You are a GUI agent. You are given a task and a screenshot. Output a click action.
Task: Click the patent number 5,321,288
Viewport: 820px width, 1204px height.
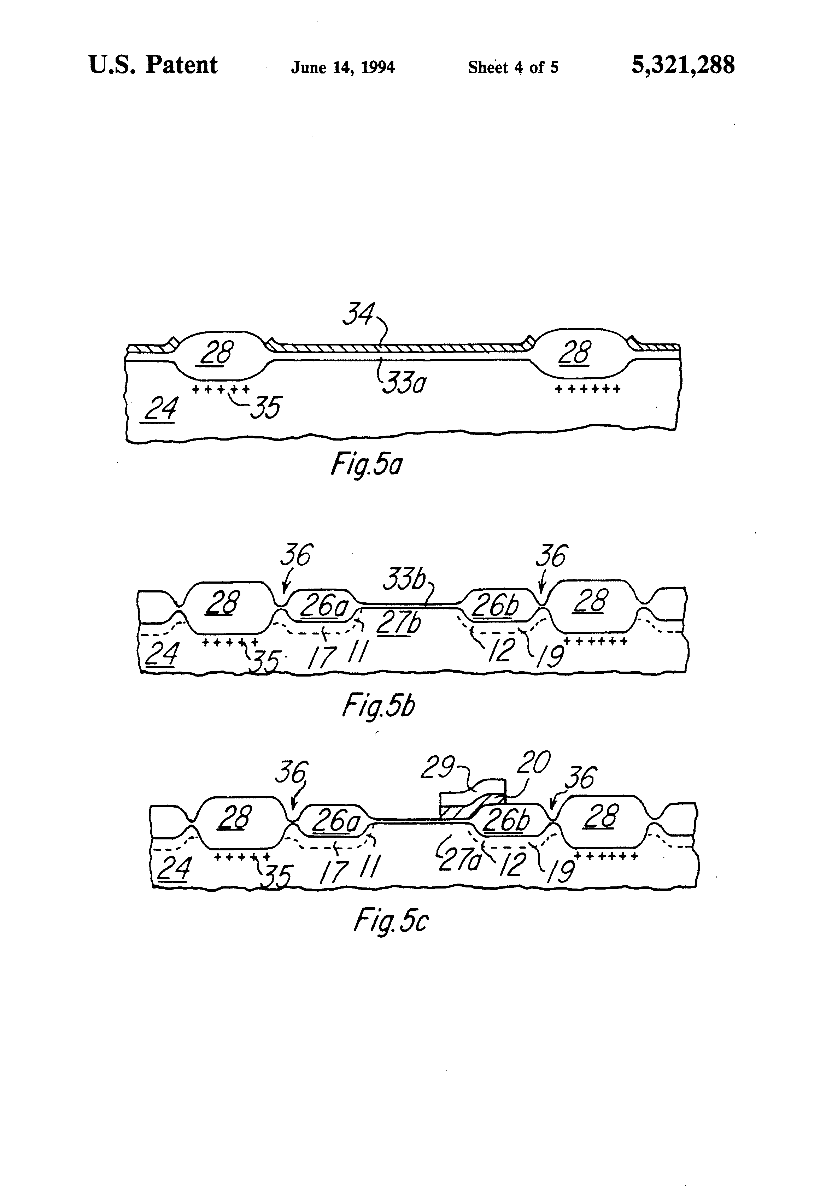pyautogui.click(x=682, y=66)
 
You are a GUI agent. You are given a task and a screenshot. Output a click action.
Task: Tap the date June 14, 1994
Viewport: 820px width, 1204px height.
pyautogui.click(x=342, y=67)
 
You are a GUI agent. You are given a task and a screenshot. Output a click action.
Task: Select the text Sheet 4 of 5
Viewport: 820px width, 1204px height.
pyautogui.click(x=512, y=67)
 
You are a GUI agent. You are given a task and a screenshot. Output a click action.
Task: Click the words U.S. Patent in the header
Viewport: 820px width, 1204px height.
pyautogui.click(x=153, y=66)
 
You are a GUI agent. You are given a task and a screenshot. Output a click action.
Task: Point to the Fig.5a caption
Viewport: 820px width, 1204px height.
pyautogui.click(x=366, y=465)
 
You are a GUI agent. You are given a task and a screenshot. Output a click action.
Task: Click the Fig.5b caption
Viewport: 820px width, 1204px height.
pyautogui.click(x=378, y=706)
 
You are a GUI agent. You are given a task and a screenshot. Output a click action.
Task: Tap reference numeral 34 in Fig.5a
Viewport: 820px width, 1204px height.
pyautogui.click(x=358, y=314)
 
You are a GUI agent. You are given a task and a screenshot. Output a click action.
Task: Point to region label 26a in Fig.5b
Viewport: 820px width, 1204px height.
pyautogui.click(x=324, y=606)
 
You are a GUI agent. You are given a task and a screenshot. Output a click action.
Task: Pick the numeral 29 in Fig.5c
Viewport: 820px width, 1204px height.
pyautogui.click(x=437, y=768)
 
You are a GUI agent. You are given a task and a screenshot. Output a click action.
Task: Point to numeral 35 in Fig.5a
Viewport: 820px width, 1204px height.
pyautogui.click(x=265, y=407)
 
